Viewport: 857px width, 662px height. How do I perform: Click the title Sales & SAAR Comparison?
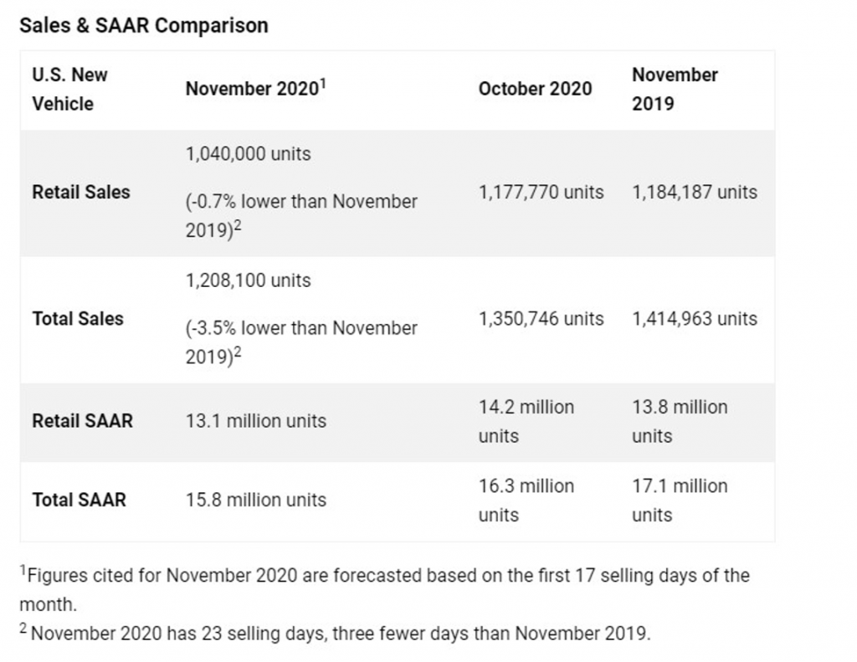coord(143,25)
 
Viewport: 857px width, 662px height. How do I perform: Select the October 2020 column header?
coord(535,89)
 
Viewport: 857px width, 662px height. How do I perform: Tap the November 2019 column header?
coord(675,89)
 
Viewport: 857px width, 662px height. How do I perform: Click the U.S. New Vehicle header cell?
coord(69,89)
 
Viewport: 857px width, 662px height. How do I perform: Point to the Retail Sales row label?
coord(81,192)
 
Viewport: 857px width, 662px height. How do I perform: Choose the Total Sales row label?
coord(78,319)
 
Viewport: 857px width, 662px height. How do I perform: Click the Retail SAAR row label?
coord(82,421)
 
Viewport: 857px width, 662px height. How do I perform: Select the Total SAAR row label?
coord(79,500)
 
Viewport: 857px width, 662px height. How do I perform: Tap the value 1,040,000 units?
coord(248,154)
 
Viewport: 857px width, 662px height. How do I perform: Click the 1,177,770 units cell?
coord(541,192)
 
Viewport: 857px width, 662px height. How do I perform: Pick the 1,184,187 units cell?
coord(695,192)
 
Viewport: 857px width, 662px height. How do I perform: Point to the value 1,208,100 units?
coord(248,280)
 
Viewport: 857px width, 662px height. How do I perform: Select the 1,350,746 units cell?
coord(541,319)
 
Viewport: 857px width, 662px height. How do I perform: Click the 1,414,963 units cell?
coord(695,319)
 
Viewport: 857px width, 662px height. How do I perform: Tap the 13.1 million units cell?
coord(256,421)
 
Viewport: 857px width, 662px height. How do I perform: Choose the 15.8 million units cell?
coord(256,500)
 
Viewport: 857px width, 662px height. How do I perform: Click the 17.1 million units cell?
coord(680,500)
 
